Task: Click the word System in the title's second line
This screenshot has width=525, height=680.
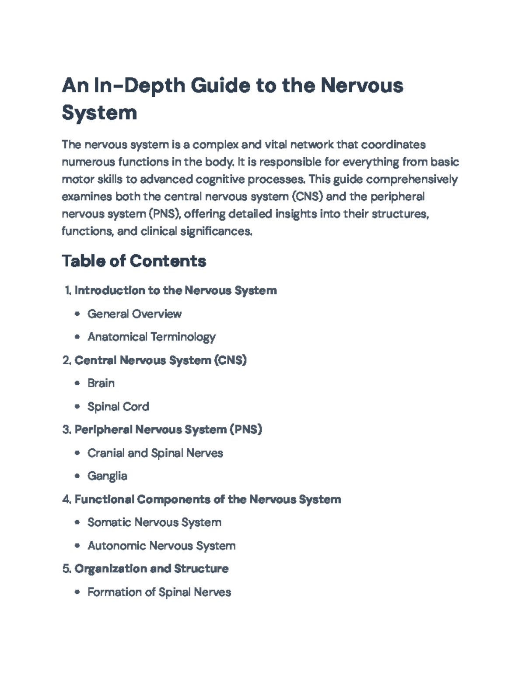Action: pyautogui.click(x=99, y=113)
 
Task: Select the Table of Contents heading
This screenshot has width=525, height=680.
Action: pyautogui.click(x=134, y=261)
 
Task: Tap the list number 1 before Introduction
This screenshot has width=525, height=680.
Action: pyautogui.click(x=67, y=291)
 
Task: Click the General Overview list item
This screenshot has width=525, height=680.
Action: pyautogui.click(x=134, y=314)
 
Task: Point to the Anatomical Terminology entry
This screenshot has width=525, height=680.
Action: pyautogui.click(x=151, y=337)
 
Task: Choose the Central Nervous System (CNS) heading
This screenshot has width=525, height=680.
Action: pyautogui.click(x=161, y=360)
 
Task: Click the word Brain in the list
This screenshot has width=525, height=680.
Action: pyautogui.click(x=101, y=383)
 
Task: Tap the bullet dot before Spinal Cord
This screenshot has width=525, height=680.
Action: pyautogui.click(x=77, y=407)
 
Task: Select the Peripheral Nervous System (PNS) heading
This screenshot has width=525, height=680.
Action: pyautogui.click(x=168, y=430)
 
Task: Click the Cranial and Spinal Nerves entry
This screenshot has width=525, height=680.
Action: pyautogui.click(x=155, y=453)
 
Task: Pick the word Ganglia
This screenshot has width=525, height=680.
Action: pyautogui.click(x=107, y=476)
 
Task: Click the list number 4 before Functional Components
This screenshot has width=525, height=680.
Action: pyautogui.click(x=66, y=500)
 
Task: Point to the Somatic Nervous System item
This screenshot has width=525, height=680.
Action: pyautogui.click(x=154, y=522)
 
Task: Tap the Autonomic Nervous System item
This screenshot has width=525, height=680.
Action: pyautogui.click(x=161, y=546)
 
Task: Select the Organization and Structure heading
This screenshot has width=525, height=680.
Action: pyautogui.click(x=151, y=569)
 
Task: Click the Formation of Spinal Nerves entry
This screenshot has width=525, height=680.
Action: pyautogui.click(x=159, y=592)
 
